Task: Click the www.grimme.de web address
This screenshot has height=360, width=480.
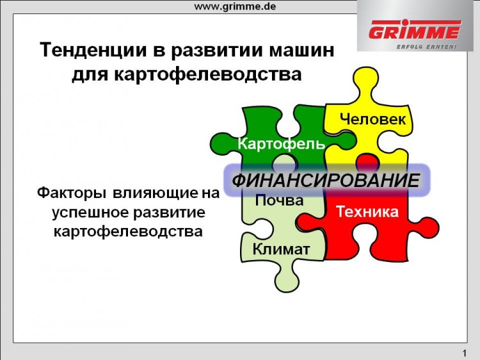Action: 235,7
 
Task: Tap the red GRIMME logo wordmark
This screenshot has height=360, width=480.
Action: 415,30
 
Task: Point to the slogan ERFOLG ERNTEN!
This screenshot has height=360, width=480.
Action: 426,47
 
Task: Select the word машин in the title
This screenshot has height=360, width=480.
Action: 301,50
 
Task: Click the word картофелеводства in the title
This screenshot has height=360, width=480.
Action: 208,74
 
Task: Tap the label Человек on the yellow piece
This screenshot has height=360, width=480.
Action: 372,119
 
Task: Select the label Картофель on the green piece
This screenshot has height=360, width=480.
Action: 282,143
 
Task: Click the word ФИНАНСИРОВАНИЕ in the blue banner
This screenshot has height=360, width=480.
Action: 326,180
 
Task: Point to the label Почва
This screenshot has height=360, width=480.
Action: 279,200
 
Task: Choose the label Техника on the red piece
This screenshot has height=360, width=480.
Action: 367,212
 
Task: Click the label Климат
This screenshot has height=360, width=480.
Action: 281,249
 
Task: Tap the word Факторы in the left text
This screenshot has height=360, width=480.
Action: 72,193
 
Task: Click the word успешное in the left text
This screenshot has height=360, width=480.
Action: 91,212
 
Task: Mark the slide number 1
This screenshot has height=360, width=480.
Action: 465,353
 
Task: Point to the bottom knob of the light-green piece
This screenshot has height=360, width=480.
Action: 286,279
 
